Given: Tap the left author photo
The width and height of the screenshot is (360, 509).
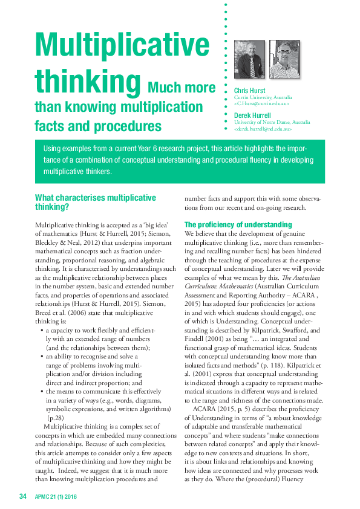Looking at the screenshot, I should [249, 59].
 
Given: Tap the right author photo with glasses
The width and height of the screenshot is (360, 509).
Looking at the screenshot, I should [284, 59].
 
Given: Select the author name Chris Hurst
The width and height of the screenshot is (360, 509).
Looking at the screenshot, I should [249, 91].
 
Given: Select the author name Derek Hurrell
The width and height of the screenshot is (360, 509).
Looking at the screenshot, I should [253, 115].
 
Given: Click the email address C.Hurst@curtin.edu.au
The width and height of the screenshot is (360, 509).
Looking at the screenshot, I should [261, 104].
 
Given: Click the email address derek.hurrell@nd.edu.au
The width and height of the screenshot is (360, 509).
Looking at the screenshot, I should [263, 129].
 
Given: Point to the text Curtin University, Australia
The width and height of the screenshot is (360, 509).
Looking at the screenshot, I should [263, 97].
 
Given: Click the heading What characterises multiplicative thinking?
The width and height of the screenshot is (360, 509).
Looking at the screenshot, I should [95, 202].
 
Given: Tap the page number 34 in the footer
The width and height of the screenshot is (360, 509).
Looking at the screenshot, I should [23, 496].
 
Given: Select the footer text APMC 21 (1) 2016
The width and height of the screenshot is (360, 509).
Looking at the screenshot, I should [56, 496].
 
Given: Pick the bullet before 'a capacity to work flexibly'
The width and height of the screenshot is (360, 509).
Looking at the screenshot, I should [41, 331].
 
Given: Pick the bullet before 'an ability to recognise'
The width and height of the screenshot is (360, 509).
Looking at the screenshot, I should [41, 357].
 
